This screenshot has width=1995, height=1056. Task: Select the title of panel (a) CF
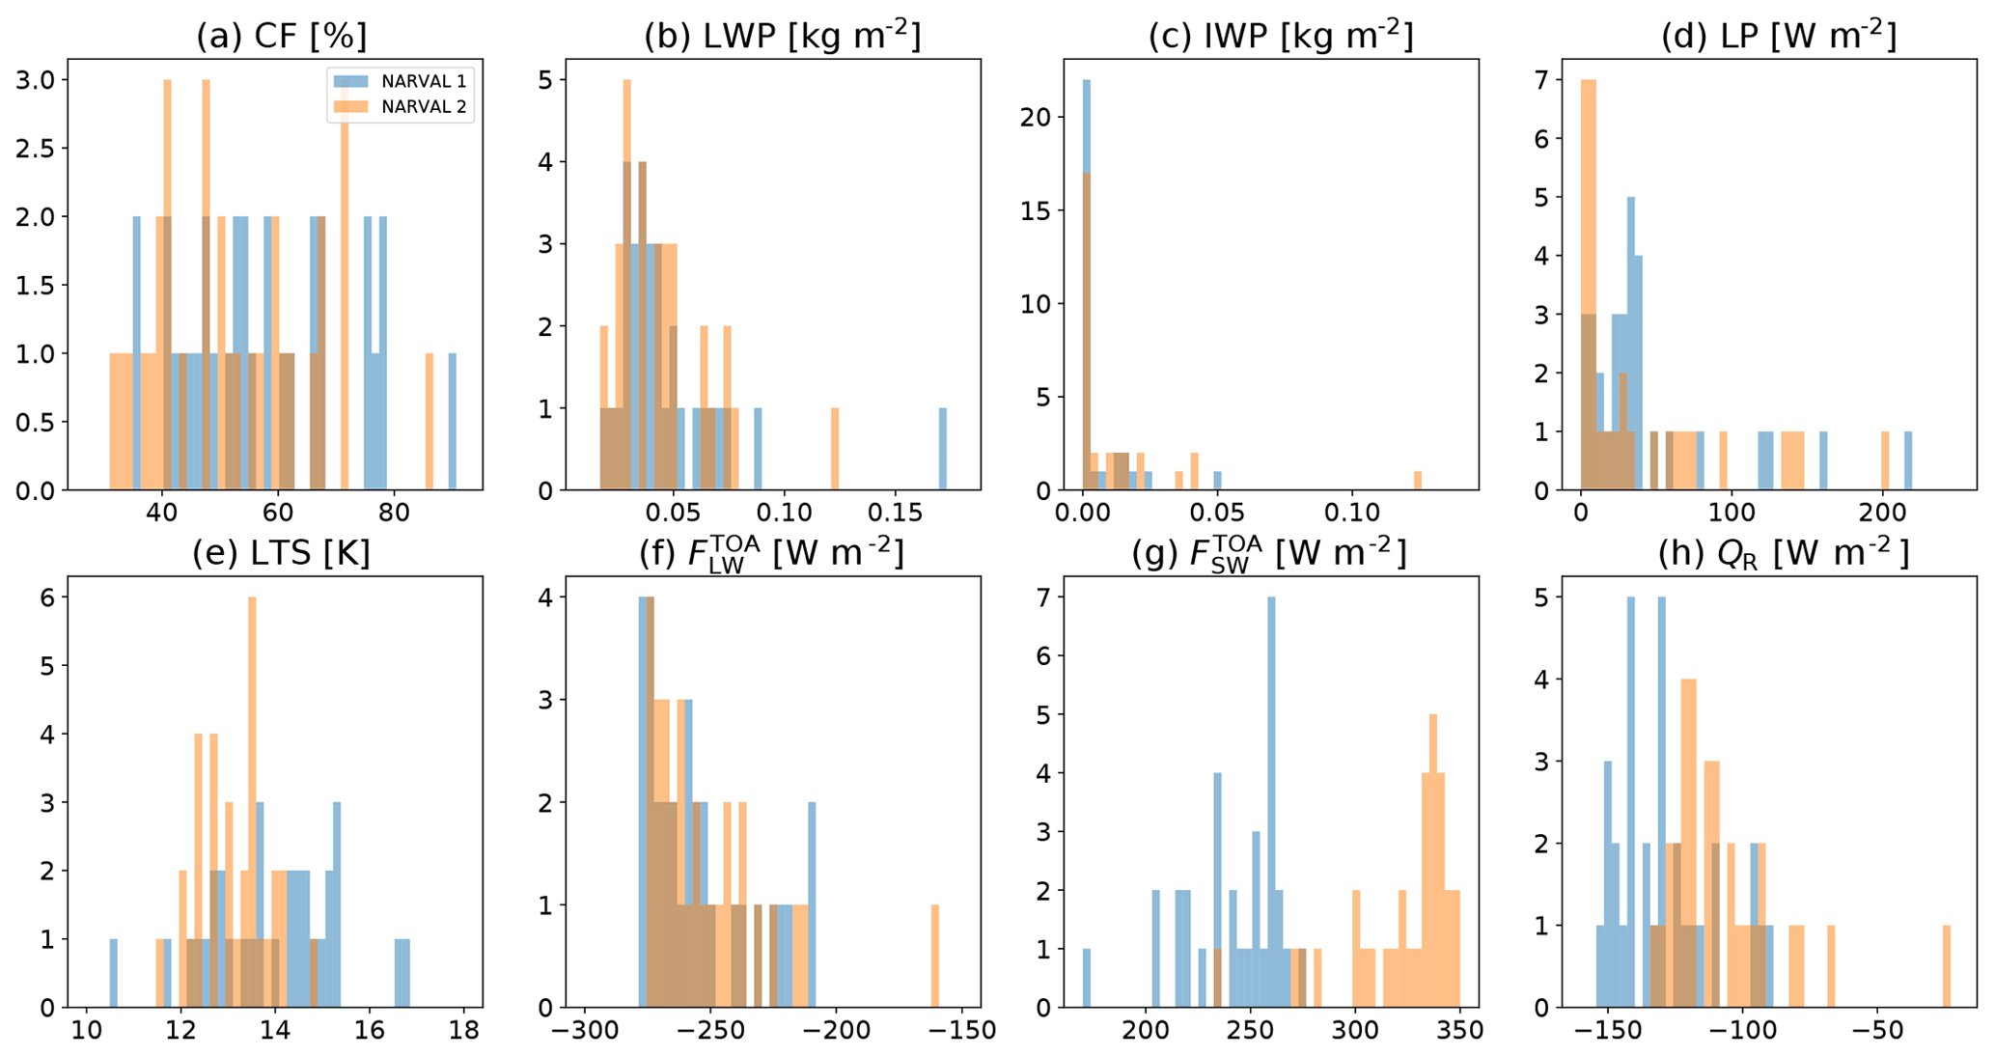tap(281, 36)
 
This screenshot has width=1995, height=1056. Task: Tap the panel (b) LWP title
tap(782, 36)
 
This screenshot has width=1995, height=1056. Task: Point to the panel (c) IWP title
tap(1280, 36)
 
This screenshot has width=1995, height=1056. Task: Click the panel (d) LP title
tap(1778, 36)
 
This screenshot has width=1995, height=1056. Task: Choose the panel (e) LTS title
tap(281, 553)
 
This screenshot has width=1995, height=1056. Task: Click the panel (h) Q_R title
tap(1783, 553)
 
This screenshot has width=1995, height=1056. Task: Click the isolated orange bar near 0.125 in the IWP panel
tap(1418, 481)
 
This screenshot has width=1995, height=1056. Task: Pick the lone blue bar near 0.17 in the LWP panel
tap(943, 449)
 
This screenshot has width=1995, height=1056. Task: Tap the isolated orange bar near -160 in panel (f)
tap(934, 956)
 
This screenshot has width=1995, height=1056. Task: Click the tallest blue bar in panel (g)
tap(1271, 801)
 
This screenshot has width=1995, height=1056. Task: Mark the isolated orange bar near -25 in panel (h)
tap(1947, 966)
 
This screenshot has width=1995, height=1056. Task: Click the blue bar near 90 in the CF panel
tap(452, 422)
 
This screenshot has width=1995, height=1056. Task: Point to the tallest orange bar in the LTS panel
tap(252, 801)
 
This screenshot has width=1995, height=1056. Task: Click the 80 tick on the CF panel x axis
tap(395, 512)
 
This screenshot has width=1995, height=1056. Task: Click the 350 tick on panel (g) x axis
tap(1458, 1030)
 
